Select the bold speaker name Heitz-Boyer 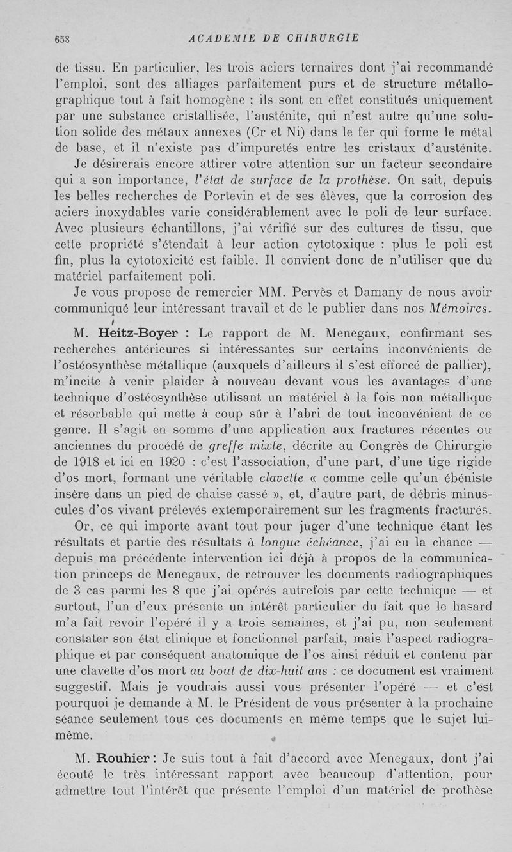(136, 334)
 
